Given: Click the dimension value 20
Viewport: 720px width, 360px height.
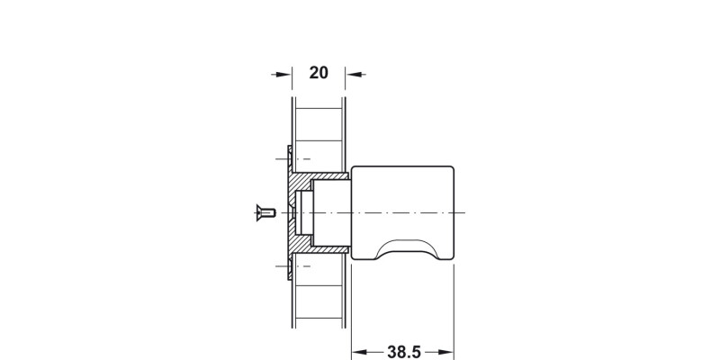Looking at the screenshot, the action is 319,73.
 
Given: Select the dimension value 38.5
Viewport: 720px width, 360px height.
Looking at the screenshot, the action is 404,352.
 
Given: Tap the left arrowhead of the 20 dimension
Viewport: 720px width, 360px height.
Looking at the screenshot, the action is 282,74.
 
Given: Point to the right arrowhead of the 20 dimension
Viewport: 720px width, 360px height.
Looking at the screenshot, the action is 355,74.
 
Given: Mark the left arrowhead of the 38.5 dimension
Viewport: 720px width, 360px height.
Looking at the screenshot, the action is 362,352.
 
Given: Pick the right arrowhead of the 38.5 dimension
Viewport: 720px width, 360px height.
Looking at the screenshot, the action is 444,352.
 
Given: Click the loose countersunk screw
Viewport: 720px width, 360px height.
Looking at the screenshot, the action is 265,212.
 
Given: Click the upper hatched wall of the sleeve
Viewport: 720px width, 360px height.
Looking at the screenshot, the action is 321,176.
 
